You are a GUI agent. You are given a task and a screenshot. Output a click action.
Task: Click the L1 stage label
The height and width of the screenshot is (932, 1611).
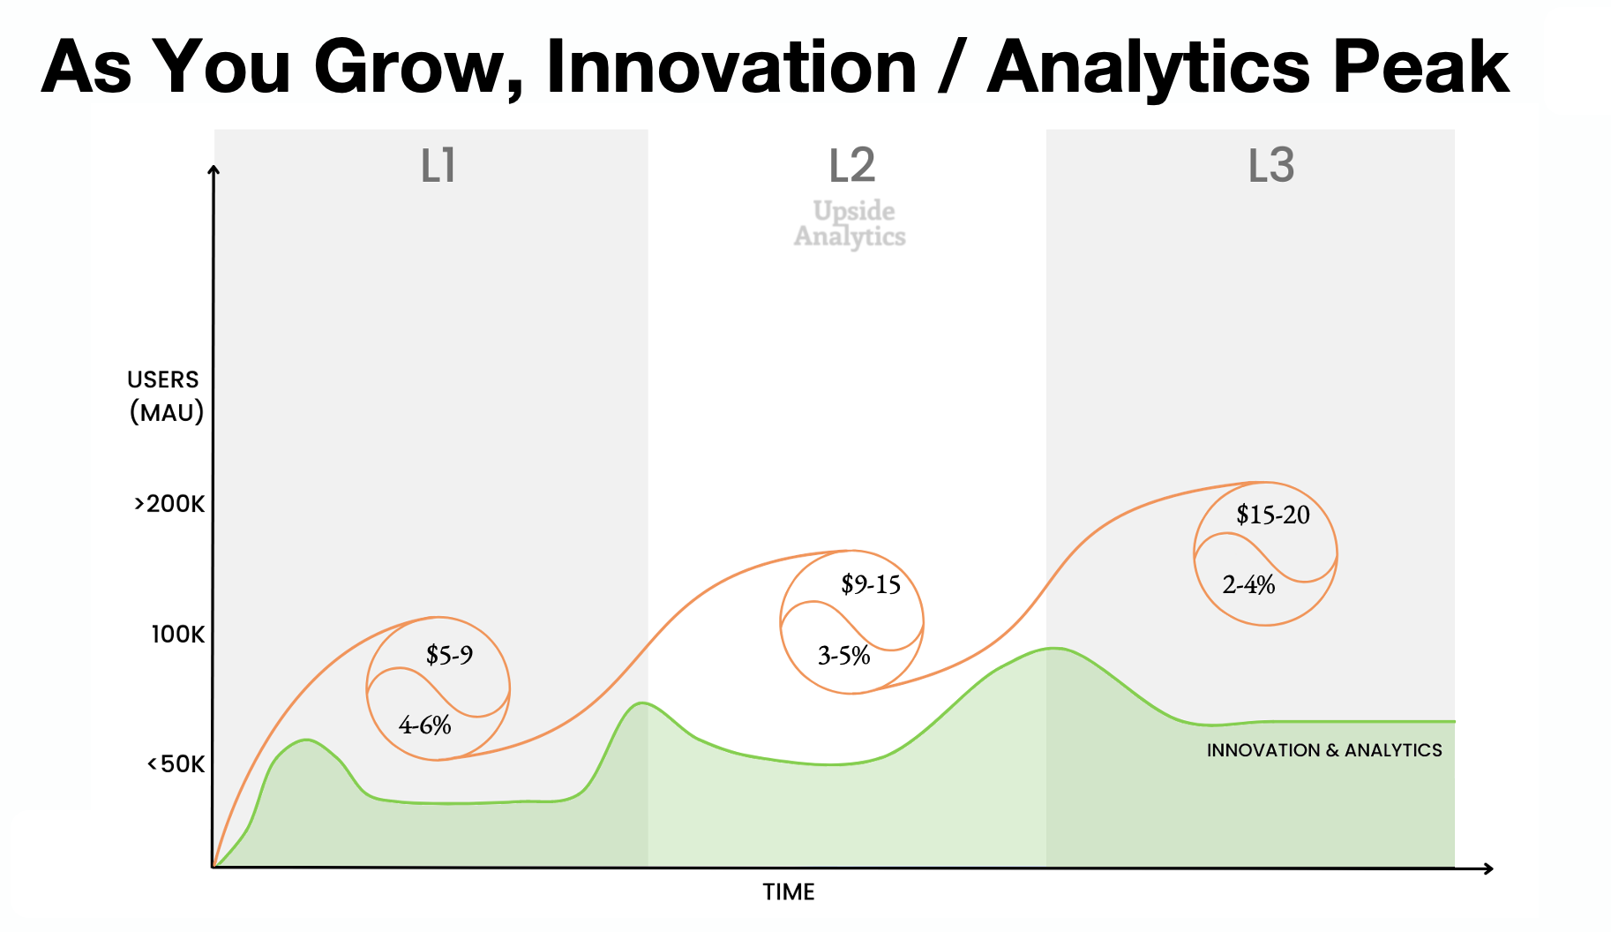pos(438,166)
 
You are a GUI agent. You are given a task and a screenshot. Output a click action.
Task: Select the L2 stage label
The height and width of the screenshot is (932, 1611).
pos(851,166)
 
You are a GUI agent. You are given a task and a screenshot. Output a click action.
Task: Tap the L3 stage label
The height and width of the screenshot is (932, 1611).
pos(1270,166)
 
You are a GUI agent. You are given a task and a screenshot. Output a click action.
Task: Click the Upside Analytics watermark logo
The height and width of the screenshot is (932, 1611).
pos(850,223)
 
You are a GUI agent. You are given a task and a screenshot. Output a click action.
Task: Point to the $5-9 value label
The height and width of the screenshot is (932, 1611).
pos(449,655)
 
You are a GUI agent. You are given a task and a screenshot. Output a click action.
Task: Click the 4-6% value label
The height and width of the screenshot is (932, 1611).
pos(424,725)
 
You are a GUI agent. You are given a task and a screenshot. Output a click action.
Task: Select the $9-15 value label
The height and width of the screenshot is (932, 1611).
pos(870,584)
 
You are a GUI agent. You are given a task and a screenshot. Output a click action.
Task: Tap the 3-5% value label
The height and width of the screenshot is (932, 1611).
pos(843,656)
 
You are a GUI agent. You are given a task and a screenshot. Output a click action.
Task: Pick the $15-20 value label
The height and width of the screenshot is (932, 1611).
pos(1272,515)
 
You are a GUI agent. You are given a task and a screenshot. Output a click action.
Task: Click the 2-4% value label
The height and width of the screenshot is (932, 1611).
pos(1248,585)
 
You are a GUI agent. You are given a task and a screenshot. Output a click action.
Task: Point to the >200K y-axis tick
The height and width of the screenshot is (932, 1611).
pos(169,504)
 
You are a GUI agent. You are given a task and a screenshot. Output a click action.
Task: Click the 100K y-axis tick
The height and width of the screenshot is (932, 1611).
pos(177,635)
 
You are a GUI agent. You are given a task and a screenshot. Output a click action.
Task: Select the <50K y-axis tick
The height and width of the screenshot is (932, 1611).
pos(176,764)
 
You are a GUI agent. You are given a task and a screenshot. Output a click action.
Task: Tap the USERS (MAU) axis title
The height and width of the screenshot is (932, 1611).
pos(166,396)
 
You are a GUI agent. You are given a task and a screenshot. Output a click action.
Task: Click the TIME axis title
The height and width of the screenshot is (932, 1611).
pos(788,892)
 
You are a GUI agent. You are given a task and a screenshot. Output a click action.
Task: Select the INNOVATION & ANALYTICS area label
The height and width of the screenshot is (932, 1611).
pos(1323,750)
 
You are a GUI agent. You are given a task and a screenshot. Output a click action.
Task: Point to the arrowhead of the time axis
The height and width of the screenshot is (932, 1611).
pos(1487,869)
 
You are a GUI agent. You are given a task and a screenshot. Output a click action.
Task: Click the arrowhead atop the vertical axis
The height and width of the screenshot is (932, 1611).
pos(214,170)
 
